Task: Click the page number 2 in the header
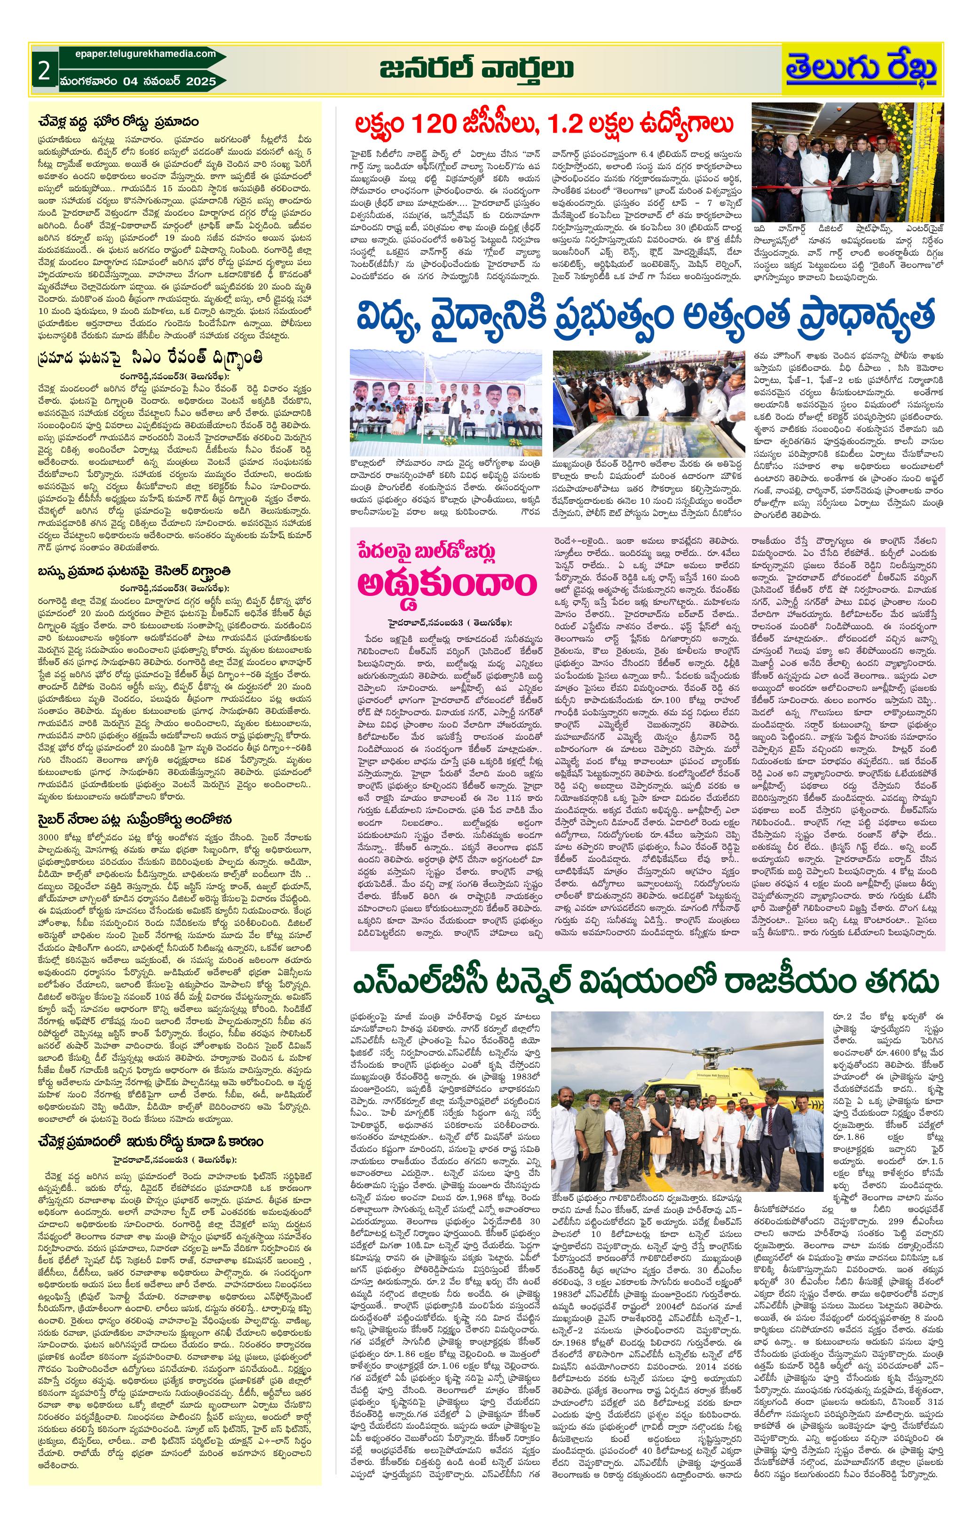click(43, 71)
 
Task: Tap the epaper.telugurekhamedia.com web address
click(139, 55)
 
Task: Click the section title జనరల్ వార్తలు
click(477, 68)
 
